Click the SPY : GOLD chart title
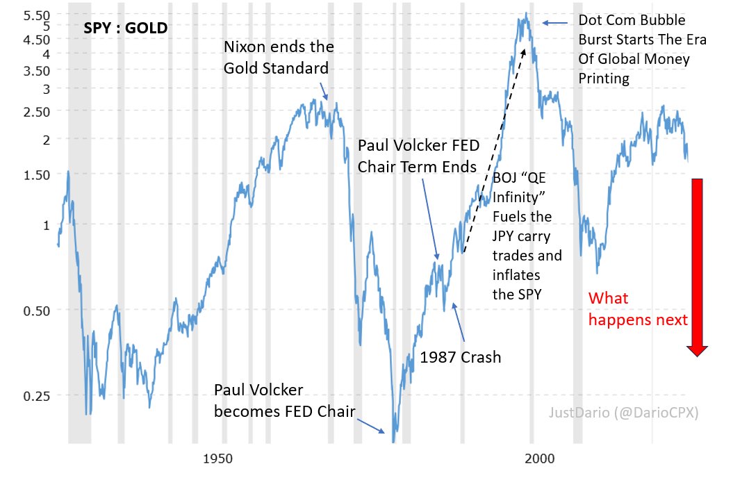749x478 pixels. click(x=126, y=28)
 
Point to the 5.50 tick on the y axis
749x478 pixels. click(x=36, y=15)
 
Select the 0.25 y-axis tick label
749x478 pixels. click(x=36, y=396)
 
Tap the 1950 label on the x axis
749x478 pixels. click(x=218, y=459)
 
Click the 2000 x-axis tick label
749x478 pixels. click(x=540, y=459)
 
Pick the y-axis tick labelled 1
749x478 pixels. click(x=47, y=225)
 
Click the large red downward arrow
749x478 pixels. click(x=698, y=267)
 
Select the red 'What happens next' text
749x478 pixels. click(x=638, y=309)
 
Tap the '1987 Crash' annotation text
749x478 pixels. click(x=461, y=357)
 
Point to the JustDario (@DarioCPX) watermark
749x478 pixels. click(x=623, y=413)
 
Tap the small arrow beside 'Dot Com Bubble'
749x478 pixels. click(x=554, y=23)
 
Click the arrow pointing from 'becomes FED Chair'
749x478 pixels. click(x=371, y=426)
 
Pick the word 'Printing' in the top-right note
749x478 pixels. click(x=604, y=79)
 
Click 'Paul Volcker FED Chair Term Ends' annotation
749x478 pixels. click(x=418, y=156)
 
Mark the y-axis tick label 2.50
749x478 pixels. click(x=36, y=113)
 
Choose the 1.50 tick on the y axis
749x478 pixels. click(x=36, y=175)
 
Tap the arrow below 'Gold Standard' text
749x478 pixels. click(x=324, y=91)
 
